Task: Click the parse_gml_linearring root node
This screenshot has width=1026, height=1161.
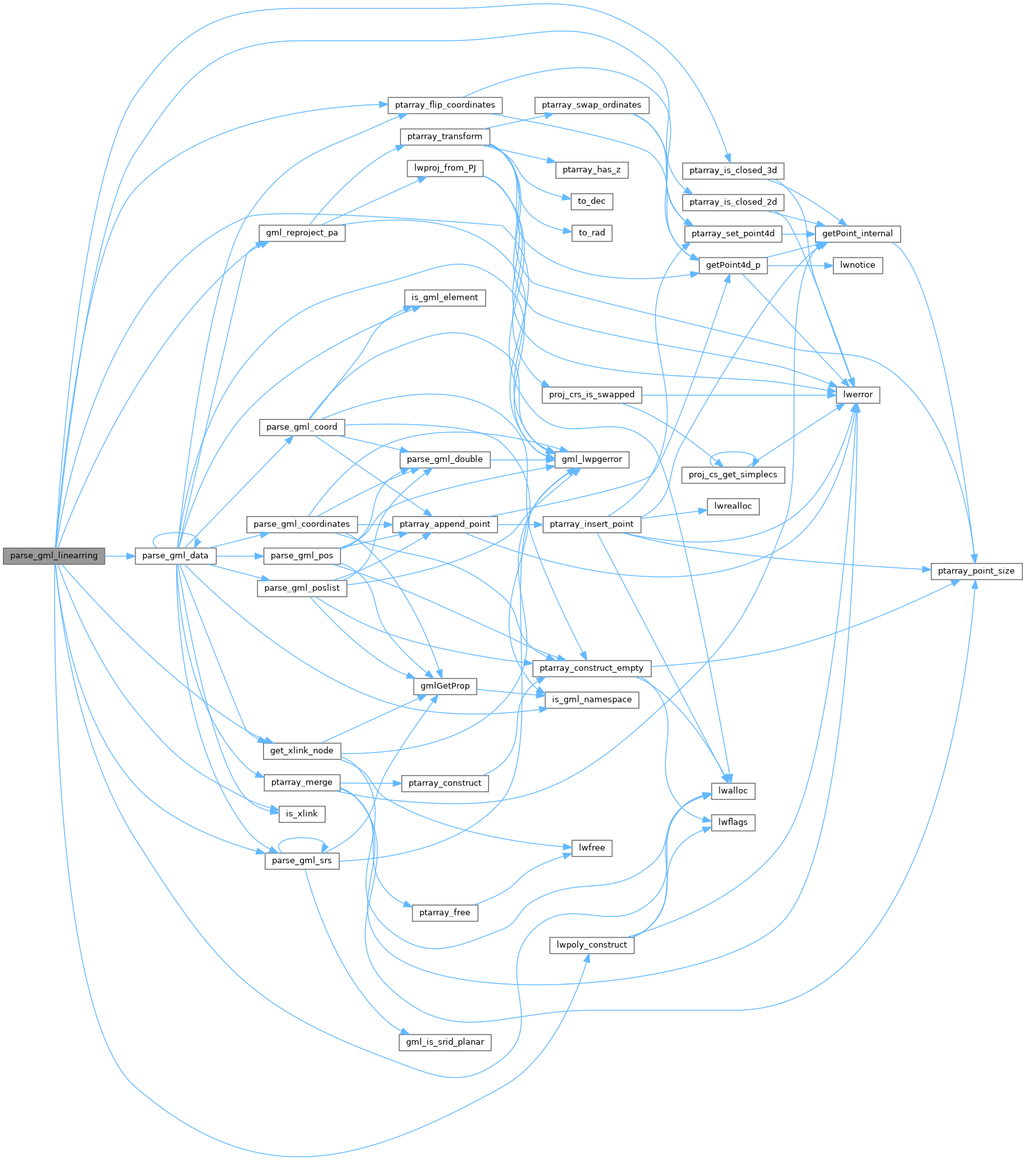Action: [x=54, y=555]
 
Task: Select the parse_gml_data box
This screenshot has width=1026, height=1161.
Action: [x=175, y=555]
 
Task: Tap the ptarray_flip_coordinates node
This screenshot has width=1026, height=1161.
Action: [x=444, y=105]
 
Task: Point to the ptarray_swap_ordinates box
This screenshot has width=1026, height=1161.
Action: [x=591, y=105]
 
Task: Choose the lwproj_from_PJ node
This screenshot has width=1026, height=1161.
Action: [x=444, y=168]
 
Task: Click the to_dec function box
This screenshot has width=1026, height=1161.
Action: [x=591, y=201]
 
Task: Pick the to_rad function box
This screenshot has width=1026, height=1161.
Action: [x=591, y=233]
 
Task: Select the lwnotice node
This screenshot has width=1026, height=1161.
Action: [x=857, y=265]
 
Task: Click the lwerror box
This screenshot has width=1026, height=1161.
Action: [x=857, y=394]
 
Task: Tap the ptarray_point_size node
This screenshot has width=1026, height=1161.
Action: [x=976, y=571]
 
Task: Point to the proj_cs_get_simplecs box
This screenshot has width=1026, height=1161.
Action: [x=733, y=474]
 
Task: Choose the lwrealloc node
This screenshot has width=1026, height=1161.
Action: [x=733, y=506]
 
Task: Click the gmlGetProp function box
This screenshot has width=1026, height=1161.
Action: [x=444, y=686]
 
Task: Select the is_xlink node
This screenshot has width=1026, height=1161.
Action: [x=301, y=813]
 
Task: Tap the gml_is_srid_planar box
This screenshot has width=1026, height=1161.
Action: [x=444, y=1042]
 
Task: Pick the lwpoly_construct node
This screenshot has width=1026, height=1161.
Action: [x=591, y=944]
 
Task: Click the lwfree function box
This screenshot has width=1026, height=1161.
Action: [x=591, y=847]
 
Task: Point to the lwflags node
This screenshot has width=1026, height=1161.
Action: [x=733, y=822]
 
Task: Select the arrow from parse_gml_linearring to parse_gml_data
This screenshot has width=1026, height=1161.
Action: [x=119, y=556]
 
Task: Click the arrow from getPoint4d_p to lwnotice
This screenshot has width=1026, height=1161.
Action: [x=800, y=265]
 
